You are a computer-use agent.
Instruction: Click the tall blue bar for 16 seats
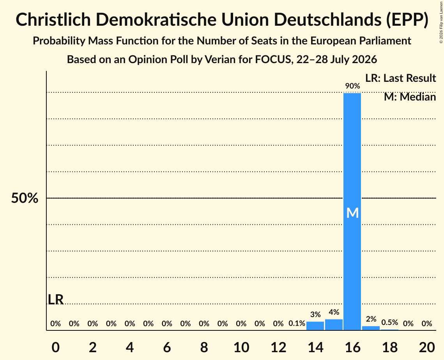pyautogui.click(x=352, y=212)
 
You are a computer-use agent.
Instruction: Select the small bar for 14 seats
pyautogui.click(x=315, y=326)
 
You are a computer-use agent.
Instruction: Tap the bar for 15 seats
pyautogui.click(x=334, y=325)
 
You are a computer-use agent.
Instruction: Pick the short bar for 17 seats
pyautogui.click(x=371, y=328)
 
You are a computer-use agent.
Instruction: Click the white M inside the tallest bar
pyautogui.click(x=352, y=213)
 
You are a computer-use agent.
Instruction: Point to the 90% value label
pyautogui.click(x=352, y=86)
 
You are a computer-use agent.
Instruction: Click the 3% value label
pyautogui.click(x=315, y=314)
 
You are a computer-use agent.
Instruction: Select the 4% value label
pyautogui.click(x=334, y=312)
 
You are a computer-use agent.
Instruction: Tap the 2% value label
pyautogui.click(x=371, y=319)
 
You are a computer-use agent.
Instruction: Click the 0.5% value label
pyautogui.click(x=390, y=322)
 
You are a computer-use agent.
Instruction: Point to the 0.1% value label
pyautogui.click(x=297, y=323)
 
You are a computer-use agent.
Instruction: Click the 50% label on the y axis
pyautogui.click(x=25, y=198)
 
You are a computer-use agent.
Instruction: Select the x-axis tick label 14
pyautogui.click(x=315, y=347)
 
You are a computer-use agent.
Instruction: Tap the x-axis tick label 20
pyautogui.click(x=427, y=347)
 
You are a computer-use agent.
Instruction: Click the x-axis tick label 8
pyautogui.click(x=204, y=347)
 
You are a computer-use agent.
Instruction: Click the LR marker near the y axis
pyautogui.click(x=55, y=300)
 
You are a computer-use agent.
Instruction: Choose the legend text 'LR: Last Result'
pyautogui.click(x=400, y=78)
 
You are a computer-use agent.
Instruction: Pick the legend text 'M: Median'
pyautogui.click(x=410, y=97)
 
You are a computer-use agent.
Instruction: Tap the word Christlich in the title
pyautogui.click(x=53, y=19)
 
